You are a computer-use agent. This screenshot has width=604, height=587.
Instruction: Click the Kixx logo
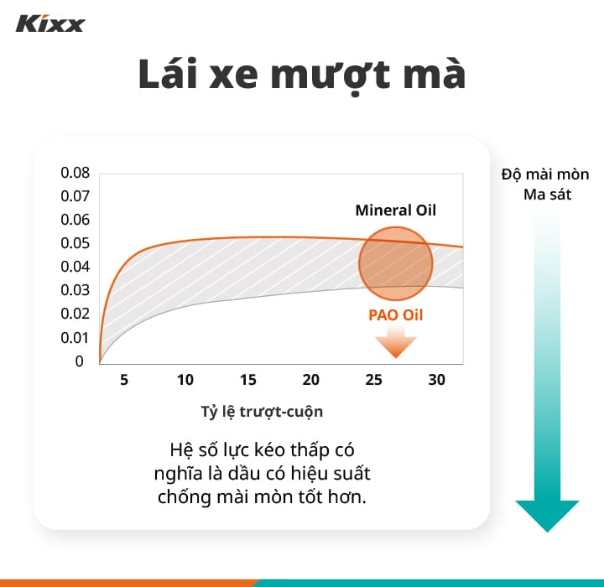click(50, 23)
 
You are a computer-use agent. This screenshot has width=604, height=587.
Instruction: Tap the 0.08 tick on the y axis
click(75, 174)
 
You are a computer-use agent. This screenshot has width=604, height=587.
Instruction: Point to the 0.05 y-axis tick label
click(75, 244)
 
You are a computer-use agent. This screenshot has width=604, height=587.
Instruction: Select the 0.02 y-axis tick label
click(75, 314)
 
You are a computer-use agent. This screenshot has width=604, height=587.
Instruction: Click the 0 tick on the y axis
click(80, 361)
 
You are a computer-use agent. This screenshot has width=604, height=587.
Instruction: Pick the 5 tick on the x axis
click(124, 380)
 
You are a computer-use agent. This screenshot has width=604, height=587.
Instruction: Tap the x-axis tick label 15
click(248, 380)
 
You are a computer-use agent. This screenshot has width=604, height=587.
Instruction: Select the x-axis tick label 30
click(436, 380)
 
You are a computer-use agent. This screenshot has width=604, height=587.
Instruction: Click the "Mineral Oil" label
click(396, 210)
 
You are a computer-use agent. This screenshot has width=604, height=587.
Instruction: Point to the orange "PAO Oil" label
click(396, 315)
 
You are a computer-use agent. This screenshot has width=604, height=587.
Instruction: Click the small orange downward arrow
click(395, 343)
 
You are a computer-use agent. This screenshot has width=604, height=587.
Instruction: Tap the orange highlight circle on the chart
click(395, 263)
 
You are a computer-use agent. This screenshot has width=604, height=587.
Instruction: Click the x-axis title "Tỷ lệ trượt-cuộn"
click(262, 412)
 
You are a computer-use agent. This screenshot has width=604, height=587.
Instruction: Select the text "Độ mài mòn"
click(545, 174)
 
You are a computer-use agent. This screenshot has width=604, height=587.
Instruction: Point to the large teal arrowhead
click(547, 514)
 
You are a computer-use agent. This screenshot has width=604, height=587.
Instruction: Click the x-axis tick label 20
click(311, 380)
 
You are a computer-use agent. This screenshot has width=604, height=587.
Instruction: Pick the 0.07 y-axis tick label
click(75, 197)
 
